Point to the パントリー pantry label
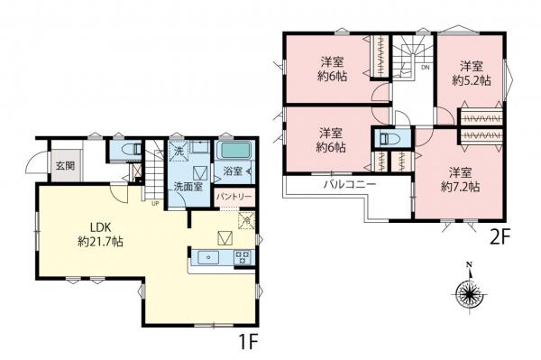pos(233,196)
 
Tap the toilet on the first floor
pos(123,150)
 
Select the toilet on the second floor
pos(389,140)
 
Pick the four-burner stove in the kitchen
pos(241,259)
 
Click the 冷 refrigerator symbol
pos(245,220)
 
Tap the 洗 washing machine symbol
pos(178,150)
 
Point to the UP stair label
pos(156,202)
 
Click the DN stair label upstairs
pos(425,68)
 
